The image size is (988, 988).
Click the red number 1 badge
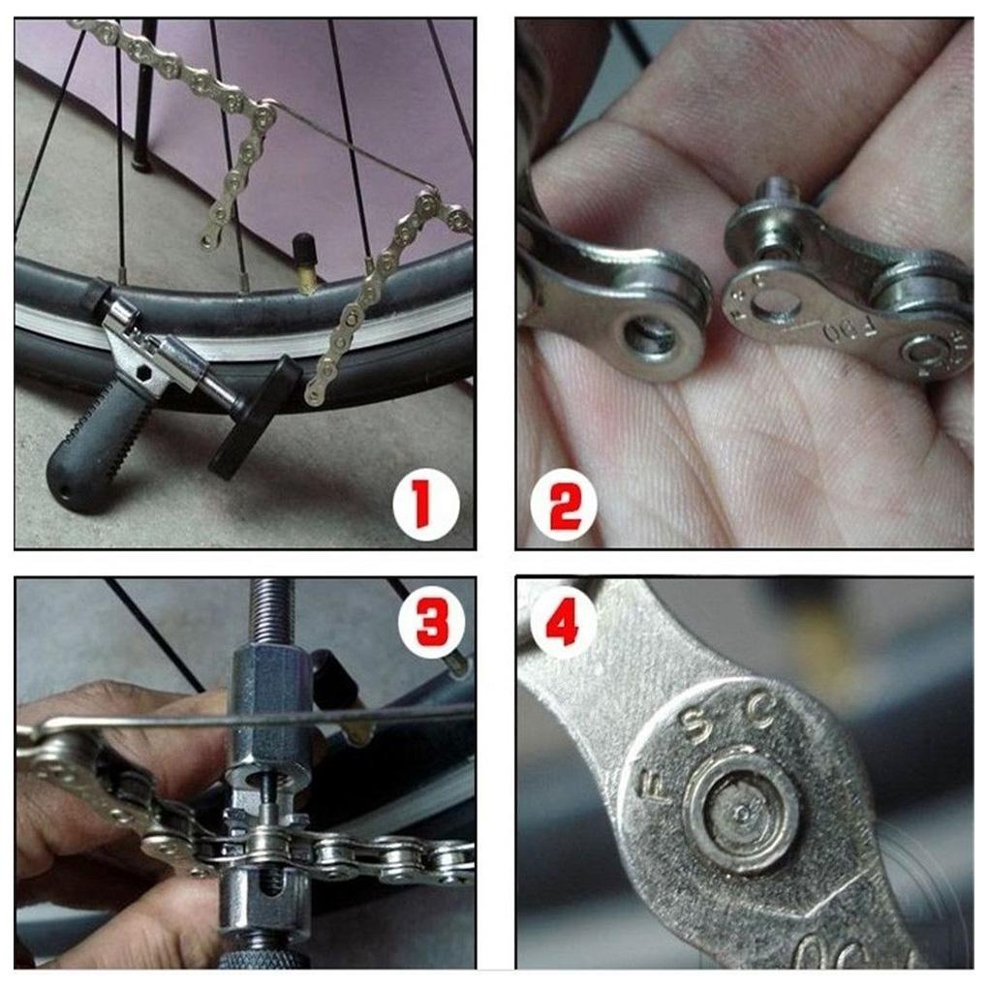[424, 508]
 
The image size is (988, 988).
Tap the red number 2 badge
[564, 508]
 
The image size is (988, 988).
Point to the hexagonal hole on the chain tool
[144, 372]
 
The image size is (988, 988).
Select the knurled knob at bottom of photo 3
[262, 959]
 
